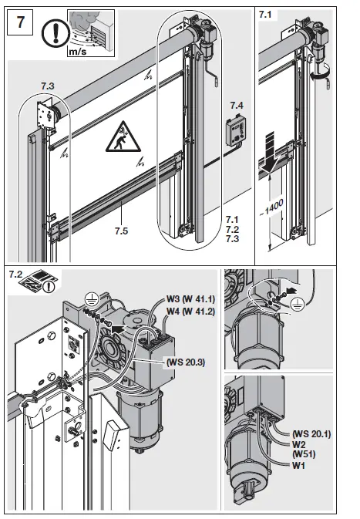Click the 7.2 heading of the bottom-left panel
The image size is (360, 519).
(15, 275)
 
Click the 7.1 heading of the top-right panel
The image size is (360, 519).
(266, 13)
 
